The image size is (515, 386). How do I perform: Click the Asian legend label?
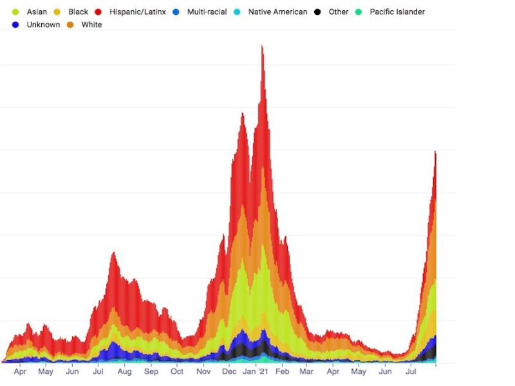click(x=37, y=12)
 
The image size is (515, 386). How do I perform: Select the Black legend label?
click(x=78, y=12)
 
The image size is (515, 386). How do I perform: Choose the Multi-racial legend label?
click(x=207, y=12)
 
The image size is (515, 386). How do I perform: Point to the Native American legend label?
click(x=277, y=12)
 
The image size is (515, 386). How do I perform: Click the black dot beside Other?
click(x=319, y=12)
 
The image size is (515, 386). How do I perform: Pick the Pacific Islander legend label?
click(x=397, y=12)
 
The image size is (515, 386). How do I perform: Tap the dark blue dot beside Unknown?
click(x=15, y=24)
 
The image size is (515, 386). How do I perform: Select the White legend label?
click(x=91, y=24)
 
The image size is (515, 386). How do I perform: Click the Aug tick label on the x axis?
click(x=124, y=372)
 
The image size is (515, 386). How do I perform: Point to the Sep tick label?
click(x=151, y=372)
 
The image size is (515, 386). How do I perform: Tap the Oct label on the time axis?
click(x=176, y=372)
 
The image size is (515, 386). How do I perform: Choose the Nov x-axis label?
click(x=203, y=372)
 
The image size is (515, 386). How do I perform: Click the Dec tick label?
click(x=229, y=372)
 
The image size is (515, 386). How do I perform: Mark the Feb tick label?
click(x=282, y=372)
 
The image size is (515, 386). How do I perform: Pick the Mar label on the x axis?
click(x=306, y=372)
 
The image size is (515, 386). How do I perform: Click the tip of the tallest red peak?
click(x=262, y=46)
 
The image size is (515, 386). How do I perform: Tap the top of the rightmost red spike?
click(x=436, y=152)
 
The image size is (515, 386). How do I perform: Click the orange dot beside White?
click(x=70, y=24)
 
